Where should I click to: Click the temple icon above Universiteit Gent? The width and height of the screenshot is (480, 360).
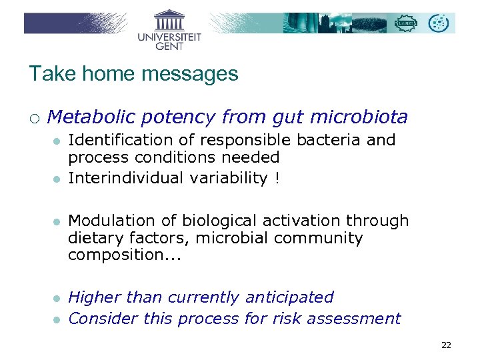[x=169, y=20]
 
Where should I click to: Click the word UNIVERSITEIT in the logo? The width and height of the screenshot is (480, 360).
[x=169, y=37]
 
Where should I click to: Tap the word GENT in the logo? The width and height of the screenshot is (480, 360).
[x=169, y=46]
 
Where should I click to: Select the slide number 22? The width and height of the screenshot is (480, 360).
[x=446, y=345]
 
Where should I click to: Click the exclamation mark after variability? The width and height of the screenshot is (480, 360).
[x=277, y=177]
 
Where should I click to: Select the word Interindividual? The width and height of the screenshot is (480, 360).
[x=124, y=177]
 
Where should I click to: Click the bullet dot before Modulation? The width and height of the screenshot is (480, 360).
[x=58, y=221]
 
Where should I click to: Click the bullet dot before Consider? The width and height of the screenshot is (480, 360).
[x=58, y=319]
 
